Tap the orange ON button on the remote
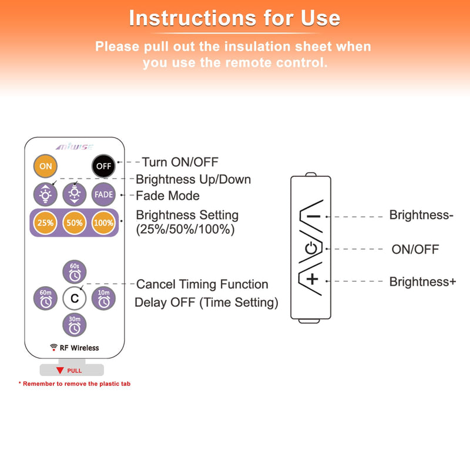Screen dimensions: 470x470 point(45,166)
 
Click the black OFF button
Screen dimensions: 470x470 point(103,166)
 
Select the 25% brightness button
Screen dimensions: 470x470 point(45,223)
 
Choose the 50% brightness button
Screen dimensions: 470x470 point(75,223)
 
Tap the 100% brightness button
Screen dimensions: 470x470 point(103,223)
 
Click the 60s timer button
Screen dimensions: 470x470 point(75,272)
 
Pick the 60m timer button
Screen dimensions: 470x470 point(45,298)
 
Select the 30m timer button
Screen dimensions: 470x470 point(75,325)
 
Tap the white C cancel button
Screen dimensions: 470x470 point(75,298)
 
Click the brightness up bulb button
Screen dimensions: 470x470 point(45,194)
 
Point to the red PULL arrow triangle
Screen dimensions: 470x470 point(60,371)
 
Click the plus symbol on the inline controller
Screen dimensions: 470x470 point(313,280)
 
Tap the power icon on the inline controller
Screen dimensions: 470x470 point(311,249)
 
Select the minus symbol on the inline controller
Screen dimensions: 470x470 point(314,216)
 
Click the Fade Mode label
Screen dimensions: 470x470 point(167,196)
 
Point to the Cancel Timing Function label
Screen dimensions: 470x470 point(202,284)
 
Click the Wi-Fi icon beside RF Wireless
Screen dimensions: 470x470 point(53,347)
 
